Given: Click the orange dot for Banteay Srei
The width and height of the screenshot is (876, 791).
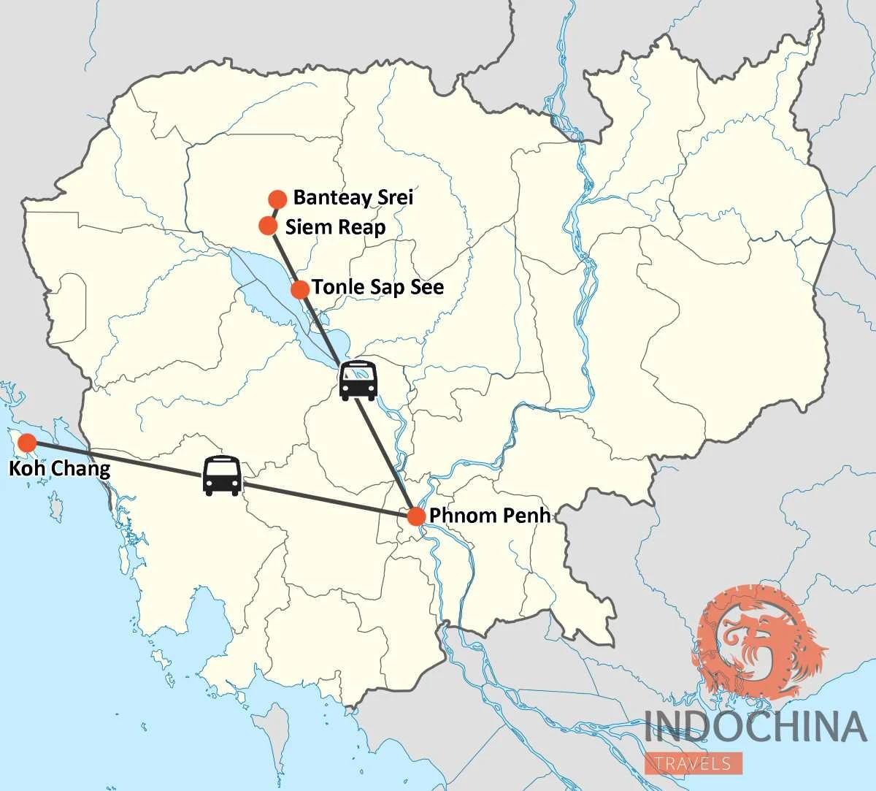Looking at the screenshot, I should point(277,199).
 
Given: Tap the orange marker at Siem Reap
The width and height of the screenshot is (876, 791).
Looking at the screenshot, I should point(268,226).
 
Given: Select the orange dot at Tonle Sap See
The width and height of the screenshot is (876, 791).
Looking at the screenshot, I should point(299,289).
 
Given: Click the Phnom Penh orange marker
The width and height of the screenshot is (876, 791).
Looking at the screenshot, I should point(415,516).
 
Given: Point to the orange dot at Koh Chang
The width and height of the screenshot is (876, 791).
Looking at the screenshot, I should point(27,443).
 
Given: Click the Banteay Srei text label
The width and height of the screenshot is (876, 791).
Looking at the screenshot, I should point(353,197).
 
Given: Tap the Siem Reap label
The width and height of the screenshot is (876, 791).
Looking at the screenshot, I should point(335,226).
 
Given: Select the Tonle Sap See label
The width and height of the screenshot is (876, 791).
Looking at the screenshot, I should point(377,288).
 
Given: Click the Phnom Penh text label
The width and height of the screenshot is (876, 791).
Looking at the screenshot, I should point(489,516).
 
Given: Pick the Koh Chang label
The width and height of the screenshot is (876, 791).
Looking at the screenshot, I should point(59,468).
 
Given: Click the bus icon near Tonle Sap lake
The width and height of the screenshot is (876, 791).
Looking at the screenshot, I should point(358,381).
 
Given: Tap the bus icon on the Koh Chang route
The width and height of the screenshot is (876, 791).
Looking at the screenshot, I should point(221,476).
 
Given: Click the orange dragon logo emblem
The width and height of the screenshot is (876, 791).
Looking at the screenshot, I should point(759,643).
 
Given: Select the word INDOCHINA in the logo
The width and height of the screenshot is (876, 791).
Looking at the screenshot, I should point(755,727).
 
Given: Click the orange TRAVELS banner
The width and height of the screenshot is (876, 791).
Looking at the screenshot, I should point(693,763).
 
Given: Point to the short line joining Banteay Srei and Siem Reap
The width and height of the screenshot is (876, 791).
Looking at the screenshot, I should point(273,213).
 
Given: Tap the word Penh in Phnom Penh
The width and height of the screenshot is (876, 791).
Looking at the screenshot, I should point(526,516).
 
